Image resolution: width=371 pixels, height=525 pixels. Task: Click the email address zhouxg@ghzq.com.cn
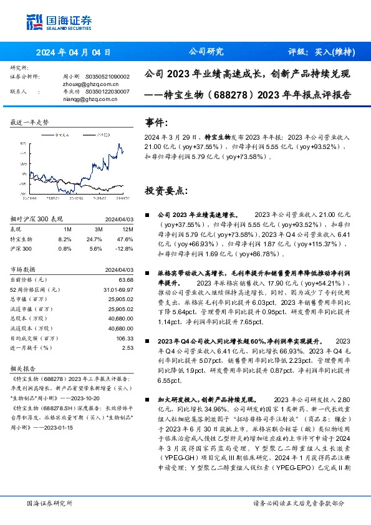pyautogui.click(x=82, y=83)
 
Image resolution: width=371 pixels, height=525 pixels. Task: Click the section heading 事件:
pyautogui.click(x=156, y=122)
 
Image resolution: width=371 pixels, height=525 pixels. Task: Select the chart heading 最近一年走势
pyautogui.click(x=30, y=123)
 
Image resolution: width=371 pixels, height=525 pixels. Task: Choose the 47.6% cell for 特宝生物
pyautogui.click(x=126, y=238)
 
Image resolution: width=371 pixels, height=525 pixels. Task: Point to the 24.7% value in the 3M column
pyautogui.click(x=94, y=238)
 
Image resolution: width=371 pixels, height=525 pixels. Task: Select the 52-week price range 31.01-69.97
pyautogui.click(x=118, y=290)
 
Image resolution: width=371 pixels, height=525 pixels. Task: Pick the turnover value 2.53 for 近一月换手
pyautogui.click(x=127, y=347)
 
